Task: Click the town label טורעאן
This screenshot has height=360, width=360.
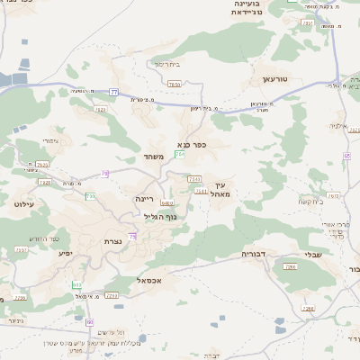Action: click(x=274, y=80)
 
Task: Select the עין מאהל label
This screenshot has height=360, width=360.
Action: click(x=221, y=189)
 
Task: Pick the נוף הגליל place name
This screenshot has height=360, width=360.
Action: click(x=160, y=216)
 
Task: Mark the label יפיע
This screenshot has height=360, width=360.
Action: click(x=65, y=253)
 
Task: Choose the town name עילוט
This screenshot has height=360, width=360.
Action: click(x=24, y=204)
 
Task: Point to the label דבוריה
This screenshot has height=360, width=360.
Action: click(x=256, y=255)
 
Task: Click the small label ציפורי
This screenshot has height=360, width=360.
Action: click(x=50, y=141)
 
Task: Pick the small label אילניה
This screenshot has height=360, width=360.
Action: click(x=339, y=126)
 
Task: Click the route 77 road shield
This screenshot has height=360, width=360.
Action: click(x=114, y=92)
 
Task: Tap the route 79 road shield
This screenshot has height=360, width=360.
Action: click(x=105, y=174)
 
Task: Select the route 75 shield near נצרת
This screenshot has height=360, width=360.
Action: click(x=132, y=237)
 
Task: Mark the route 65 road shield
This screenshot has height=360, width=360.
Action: click(x=346, y=155)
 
